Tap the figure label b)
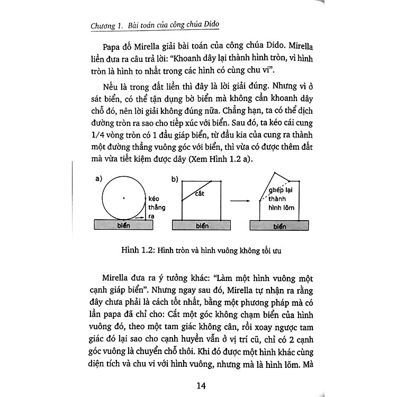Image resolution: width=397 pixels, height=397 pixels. pyautogui.click(x=175, y=179)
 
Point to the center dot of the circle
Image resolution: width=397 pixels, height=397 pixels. pyautogui.click(x=123, y=197)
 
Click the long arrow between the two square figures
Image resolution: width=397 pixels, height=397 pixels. pyautogui.click(x=241, y=201)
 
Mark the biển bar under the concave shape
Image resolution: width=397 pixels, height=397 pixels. pyautogui.click(x=281, y=226)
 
